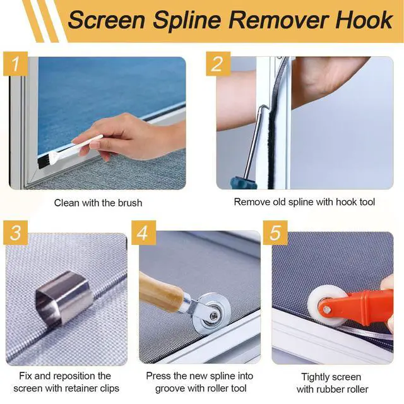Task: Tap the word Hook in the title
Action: (364, 20)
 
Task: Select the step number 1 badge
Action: (15, 64)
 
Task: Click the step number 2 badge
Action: (218, 64)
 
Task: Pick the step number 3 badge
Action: (15, 233)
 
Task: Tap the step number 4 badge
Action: (143, 233)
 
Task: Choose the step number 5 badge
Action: (275, 233)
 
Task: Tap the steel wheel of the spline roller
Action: (211, 314)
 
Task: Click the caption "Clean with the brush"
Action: (98, 203)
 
